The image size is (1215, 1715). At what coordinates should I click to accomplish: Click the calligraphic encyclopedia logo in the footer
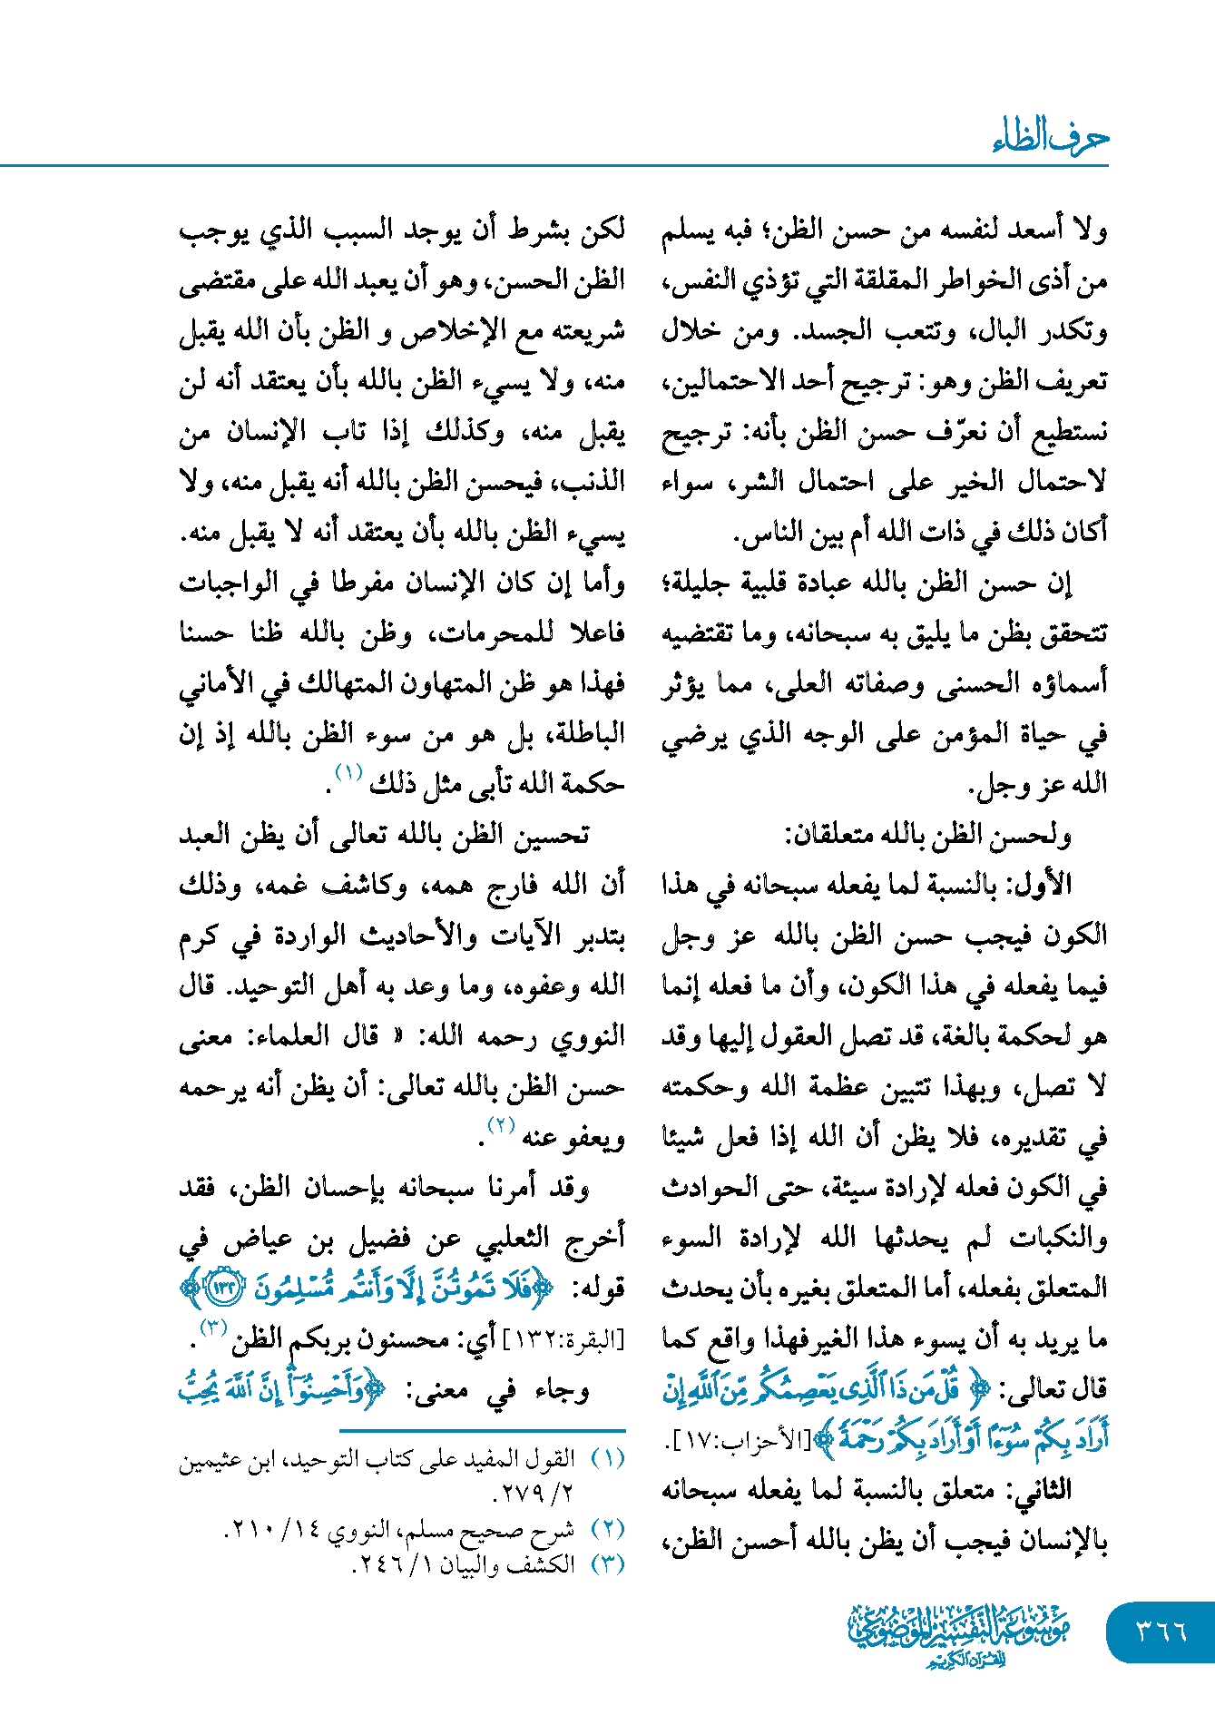[959, 1634]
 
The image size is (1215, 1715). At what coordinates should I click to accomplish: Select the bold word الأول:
[1044, 884]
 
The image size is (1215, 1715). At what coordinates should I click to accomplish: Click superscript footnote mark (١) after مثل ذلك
[348, 773]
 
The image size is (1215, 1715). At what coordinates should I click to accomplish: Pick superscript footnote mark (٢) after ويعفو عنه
[501, 1125]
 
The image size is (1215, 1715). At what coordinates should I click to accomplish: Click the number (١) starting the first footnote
[608, 1458]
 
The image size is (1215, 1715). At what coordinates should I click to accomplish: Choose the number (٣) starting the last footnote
[608, 1563]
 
